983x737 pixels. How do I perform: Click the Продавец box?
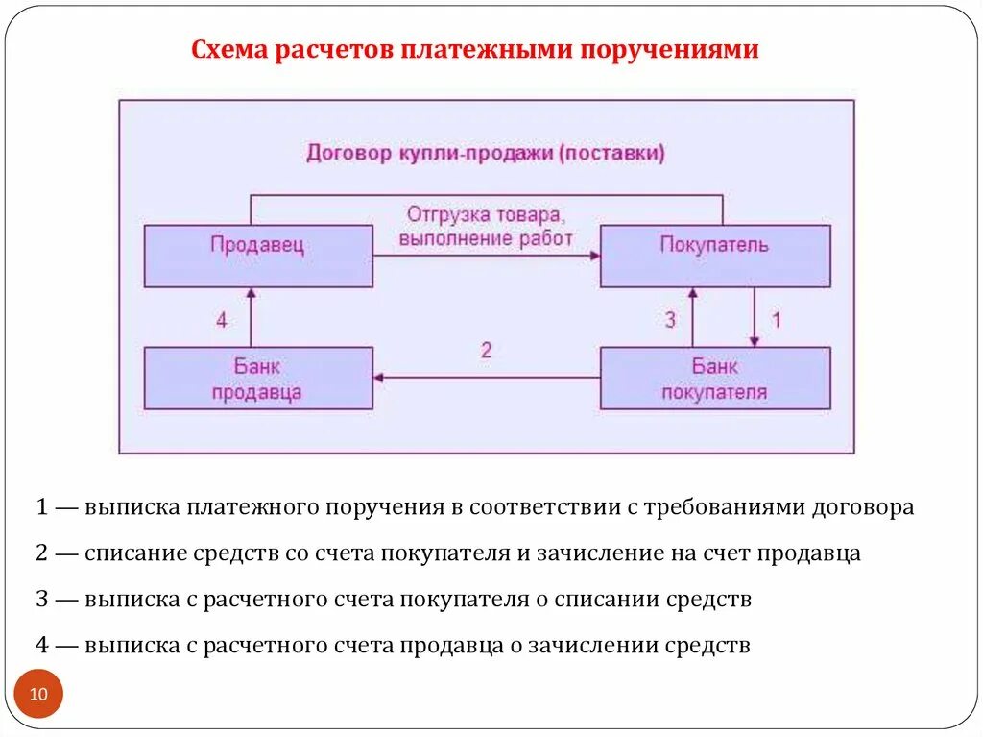click(x=258, y=256)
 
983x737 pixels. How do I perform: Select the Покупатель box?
click(x=715, y=256)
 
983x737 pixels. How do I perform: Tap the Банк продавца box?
click(x=258, y=379)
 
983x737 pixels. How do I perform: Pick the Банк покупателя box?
click(x=715, y=379)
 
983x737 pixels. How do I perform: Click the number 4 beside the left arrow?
click(x=222, y=320)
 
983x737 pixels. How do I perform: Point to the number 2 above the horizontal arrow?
click(x=486, y=350)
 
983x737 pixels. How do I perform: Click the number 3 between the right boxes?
click(x=670, y=320)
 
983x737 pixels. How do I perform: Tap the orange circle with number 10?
click(x=38, y=694)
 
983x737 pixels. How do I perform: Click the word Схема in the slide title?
click(x=230, y=49)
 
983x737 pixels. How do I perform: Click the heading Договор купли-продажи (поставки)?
click(x=486, y=153)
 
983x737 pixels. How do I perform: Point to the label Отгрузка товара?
click(x=486, y=213)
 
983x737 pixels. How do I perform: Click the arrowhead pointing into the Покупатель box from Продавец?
click(x=595, y=256)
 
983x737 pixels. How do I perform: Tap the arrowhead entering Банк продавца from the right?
click(x=379, y=379)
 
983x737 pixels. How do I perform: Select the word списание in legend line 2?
click(x=129, y=553)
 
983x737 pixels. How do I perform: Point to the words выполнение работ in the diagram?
click(x=486, y=237)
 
